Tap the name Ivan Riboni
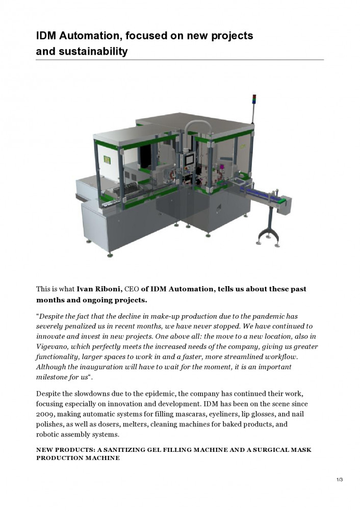coord(99,289)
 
